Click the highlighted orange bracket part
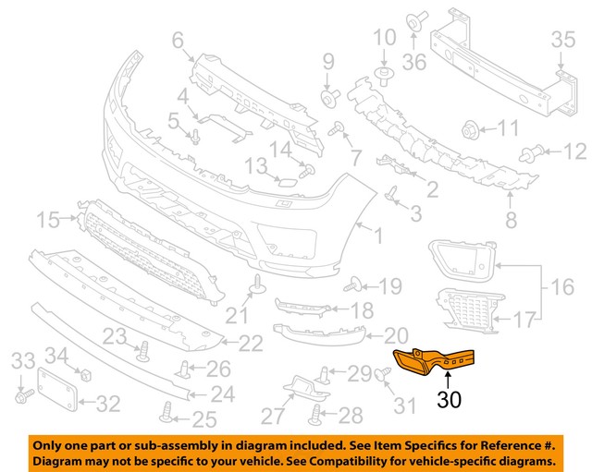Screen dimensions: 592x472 tap(435, 361)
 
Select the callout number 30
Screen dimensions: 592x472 tap(448, 400)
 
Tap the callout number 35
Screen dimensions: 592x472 tap(563, 40)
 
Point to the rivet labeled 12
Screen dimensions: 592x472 tap(533, 151)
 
